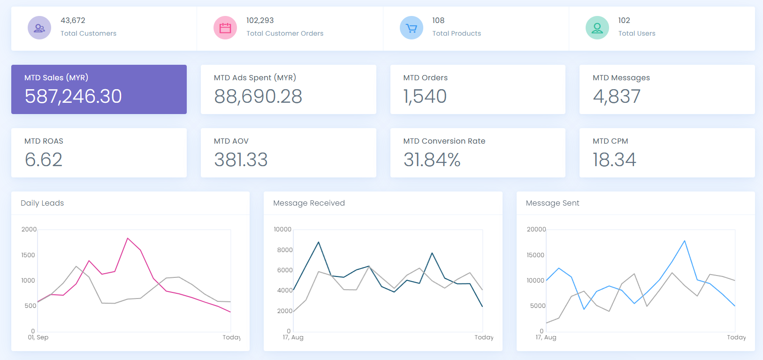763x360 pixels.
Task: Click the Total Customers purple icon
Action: tap(39, 28)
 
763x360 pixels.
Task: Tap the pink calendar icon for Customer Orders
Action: tap(225, 28)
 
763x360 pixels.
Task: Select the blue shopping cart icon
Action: tap(411, 28)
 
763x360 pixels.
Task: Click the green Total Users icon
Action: tap(597, 28)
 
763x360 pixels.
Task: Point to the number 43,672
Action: tap(73, 20)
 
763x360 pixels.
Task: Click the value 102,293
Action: tap(260, 20)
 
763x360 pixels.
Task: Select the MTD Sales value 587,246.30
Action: tap(73, 96)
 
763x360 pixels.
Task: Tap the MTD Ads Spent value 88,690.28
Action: tap(258, 96)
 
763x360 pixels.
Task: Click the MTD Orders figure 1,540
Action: tap(425, 96)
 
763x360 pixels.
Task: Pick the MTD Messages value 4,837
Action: tap(617, 96)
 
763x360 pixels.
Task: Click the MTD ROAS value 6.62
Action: tap(44, 160)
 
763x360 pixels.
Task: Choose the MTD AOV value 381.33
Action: tap(241, 160)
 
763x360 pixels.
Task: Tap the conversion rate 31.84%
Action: tap(432, 160)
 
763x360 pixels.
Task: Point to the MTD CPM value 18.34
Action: tap(614, 160)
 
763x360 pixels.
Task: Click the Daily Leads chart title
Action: tap(42, 203)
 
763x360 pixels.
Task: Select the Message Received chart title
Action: tap(309, 203)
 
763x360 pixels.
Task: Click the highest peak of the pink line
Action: tap(128, 238)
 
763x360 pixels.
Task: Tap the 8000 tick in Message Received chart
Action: tap(285, 250)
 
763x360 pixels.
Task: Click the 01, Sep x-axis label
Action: tap(38, 337)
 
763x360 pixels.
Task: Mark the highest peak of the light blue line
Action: tap(685, 241)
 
